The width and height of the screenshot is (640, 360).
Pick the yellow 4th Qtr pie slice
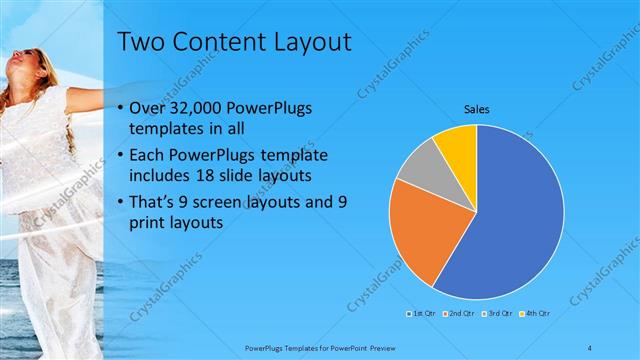[x=458, y=143]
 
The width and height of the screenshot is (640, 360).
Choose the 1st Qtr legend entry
[x=421, y=314]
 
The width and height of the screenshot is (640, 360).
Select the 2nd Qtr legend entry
[x=457, y=314]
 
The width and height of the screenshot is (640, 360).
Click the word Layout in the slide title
[x=311, y=42]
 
